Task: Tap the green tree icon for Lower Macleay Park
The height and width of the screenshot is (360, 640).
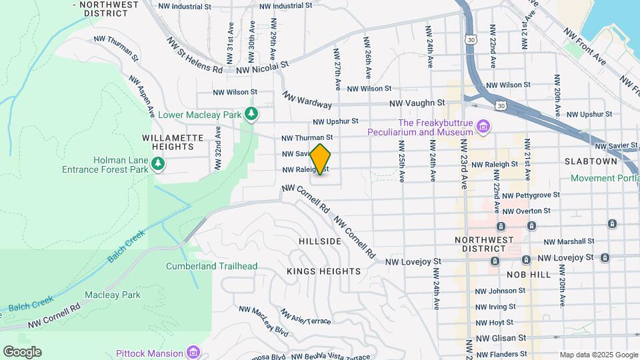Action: point(251,115)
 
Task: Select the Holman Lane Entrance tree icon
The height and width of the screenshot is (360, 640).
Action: point(157,163)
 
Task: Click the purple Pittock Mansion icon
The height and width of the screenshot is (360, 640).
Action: point(193,352)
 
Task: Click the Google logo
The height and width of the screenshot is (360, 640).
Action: point(22,352)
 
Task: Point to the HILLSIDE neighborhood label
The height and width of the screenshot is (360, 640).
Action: point(321,241)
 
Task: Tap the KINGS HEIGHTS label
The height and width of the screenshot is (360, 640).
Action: point(323,271)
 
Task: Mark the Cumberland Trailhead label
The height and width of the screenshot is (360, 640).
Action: point(211,266)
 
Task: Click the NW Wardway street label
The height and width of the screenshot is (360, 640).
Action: point(307,100)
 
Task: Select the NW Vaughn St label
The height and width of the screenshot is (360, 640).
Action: point(417,103)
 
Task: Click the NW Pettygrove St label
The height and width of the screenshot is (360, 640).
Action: point(532,196)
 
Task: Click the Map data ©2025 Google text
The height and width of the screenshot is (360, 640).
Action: point(598,355)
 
